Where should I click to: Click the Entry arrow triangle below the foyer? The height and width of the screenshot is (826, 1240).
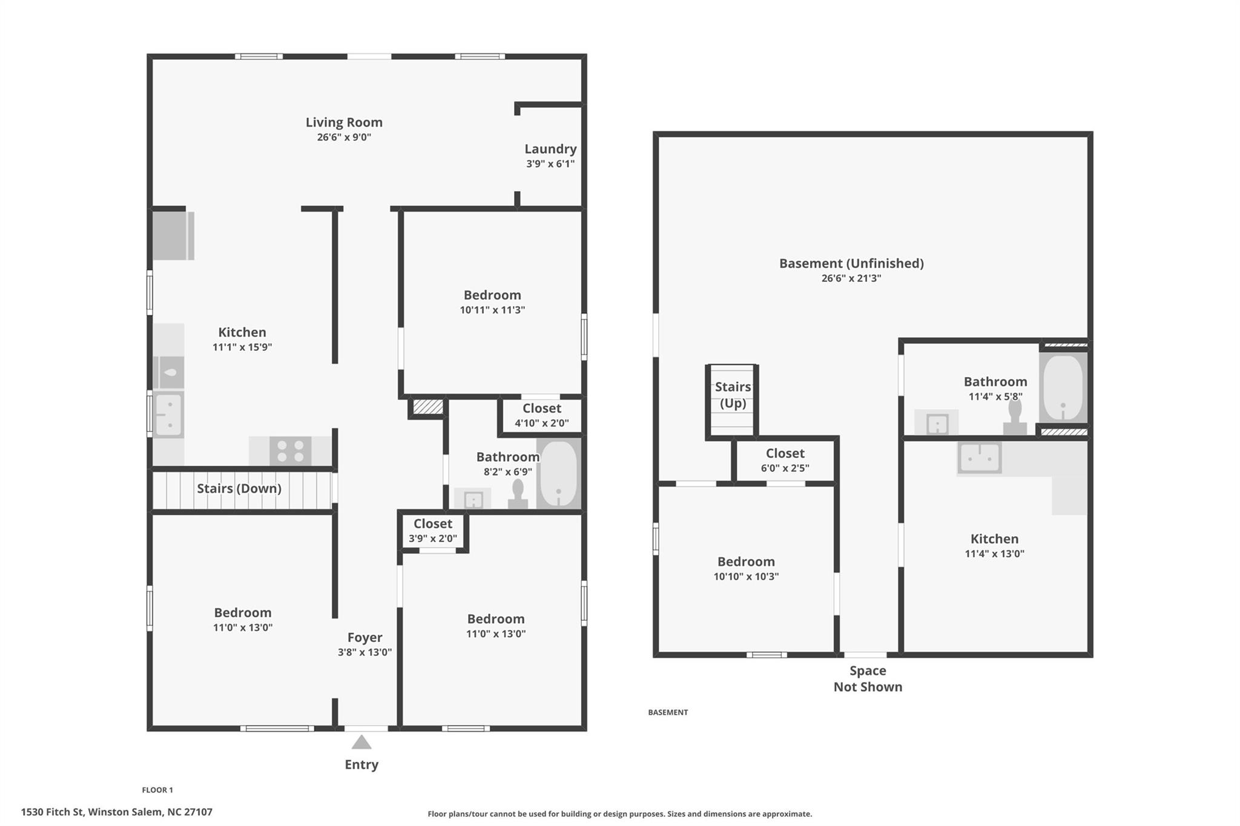[361, 742]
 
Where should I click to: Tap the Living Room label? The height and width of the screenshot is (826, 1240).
[344, 122]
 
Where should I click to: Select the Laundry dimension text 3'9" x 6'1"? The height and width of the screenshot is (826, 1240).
[550, 163]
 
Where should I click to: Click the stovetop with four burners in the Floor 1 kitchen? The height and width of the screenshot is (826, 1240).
[290, 451]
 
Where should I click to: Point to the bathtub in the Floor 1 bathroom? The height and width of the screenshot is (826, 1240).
[558, 474]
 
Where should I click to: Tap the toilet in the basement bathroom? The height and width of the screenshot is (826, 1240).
[1015, 416]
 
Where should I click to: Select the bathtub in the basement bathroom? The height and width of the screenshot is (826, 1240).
[1063, 388]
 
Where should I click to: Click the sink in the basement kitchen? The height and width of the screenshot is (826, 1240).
[979, 457]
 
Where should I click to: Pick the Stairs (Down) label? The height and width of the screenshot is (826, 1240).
[239, 488]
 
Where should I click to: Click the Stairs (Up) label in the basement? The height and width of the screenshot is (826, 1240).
[733, 395]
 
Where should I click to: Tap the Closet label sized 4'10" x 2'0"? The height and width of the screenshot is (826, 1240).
[542, 408]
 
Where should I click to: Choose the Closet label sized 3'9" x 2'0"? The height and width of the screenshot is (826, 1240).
[433, 523]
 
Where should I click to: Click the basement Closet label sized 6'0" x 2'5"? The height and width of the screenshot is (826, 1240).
[785, 453]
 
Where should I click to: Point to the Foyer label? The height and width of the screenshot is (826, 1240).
[364, 637]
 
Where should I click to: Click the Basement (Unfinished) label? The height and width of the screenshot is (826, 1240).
[851, 263]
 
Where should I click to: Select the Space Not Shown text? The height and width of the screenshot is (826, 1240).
[868, 678]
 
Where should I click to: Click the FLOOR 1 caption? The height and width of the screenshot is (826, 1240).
[157, 790]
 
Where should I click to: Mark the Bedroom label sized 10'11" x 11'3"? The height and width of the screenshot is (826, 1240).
[492, 295]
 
